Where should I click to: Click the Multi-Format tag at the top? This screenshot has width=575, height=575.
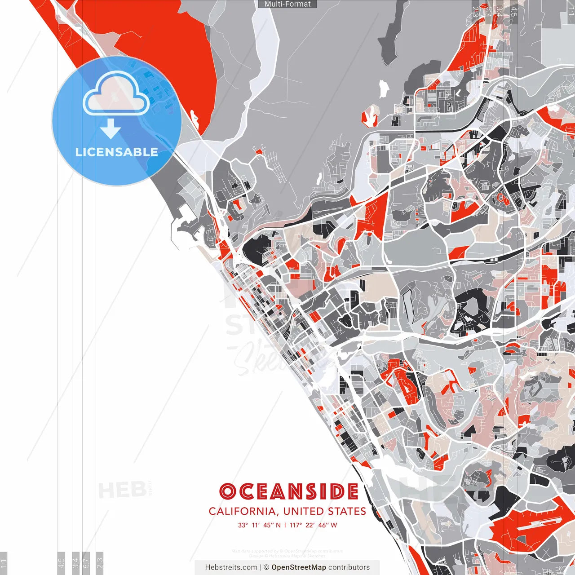tap(287, 4)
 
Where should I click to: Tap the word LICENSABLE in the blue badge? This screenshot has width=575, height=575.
tap(116, 152)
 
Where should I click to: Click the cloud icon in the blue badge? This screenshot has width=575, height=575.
tap(116, 94)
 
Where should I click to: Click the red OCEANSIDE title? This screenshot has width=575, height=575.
tap(289, 491)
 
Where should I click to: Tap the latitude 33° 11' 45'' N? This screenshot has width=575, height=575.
tap(259, 525)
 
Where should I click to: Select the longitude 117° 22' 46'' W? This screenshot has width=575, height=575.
tap(313, 525)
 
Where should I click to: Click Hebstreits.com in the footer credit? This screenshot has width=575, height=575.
tap(231, 567)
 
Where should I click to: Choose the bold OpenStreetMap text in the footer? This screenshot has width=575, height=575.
tap(298, 567)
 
